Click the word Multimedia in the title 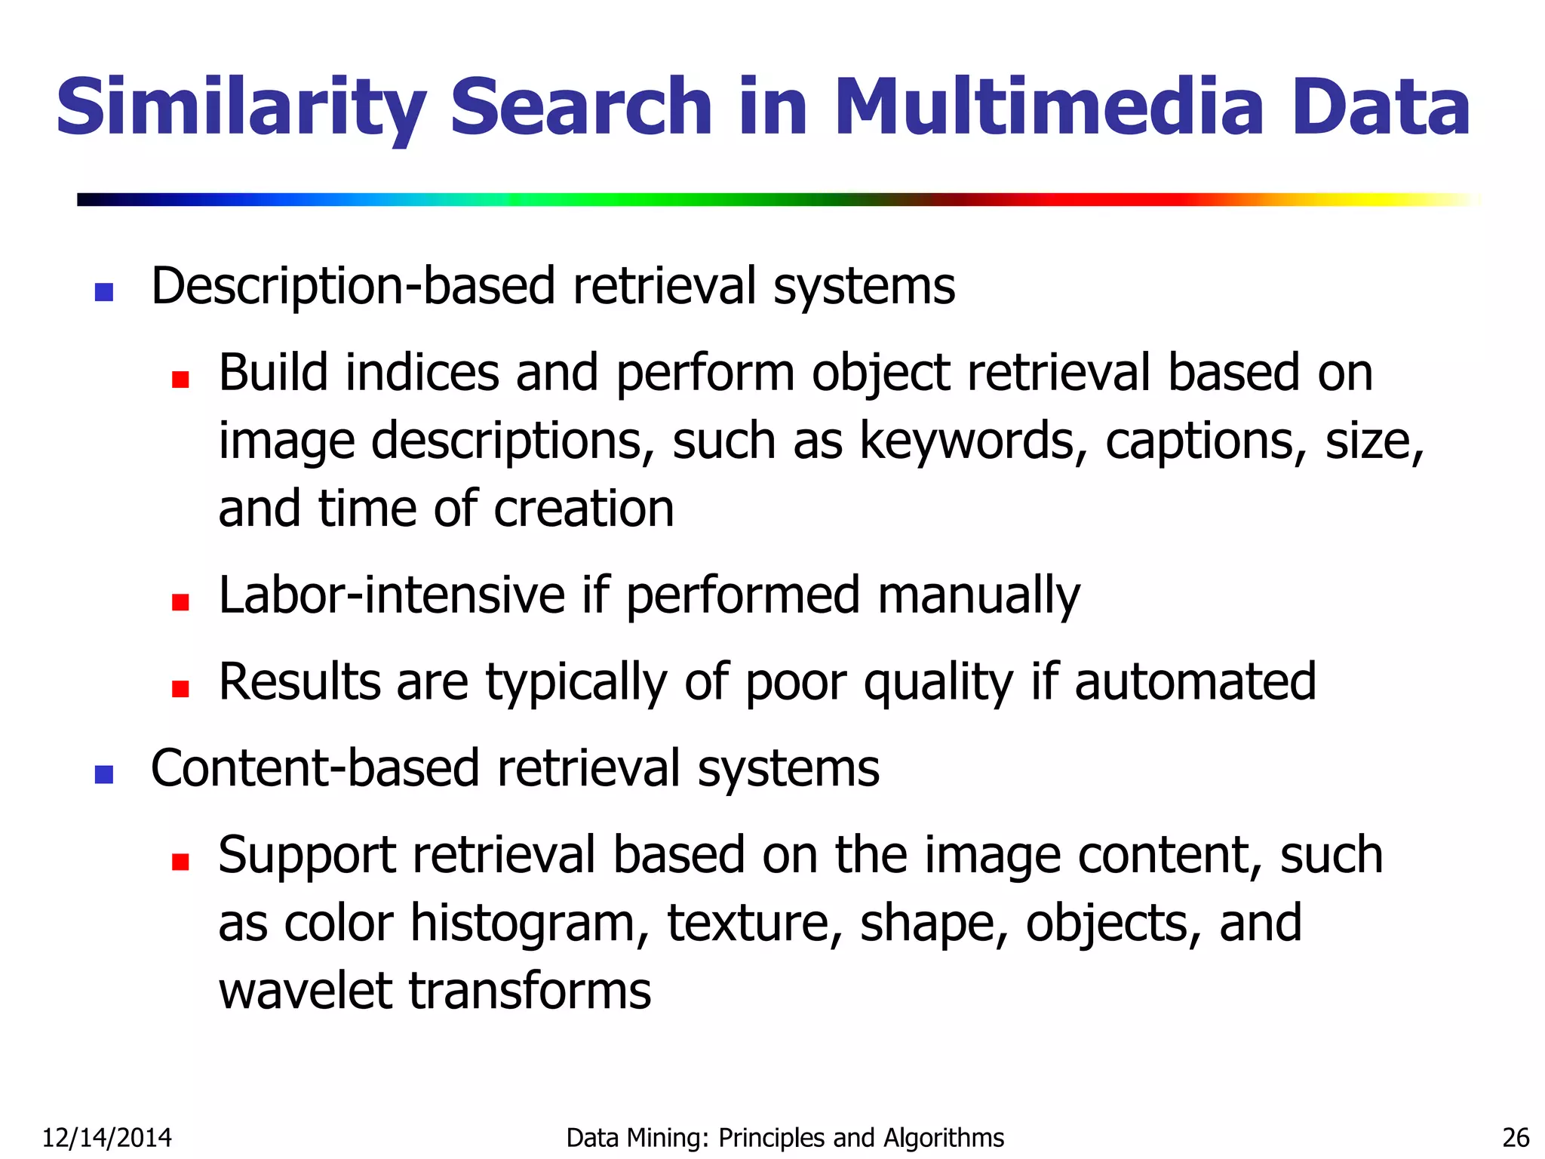coord(1049,107)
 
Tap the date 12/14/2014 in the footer coord(106,1137)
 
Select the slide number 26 coord(1516,1137)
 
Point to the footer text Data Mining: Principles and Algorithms coord(785,1137)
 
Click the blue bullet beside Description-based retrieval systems coord(104,292)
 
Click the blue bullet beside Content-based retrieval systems coord(104,774)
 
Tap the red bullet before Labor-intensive coord(180,601)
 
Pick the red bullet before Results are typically coord(180,688)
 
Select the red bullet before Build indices coord(180,379)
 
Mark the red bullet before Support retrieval coord(180,861)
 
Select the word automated coord(1195,682)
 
